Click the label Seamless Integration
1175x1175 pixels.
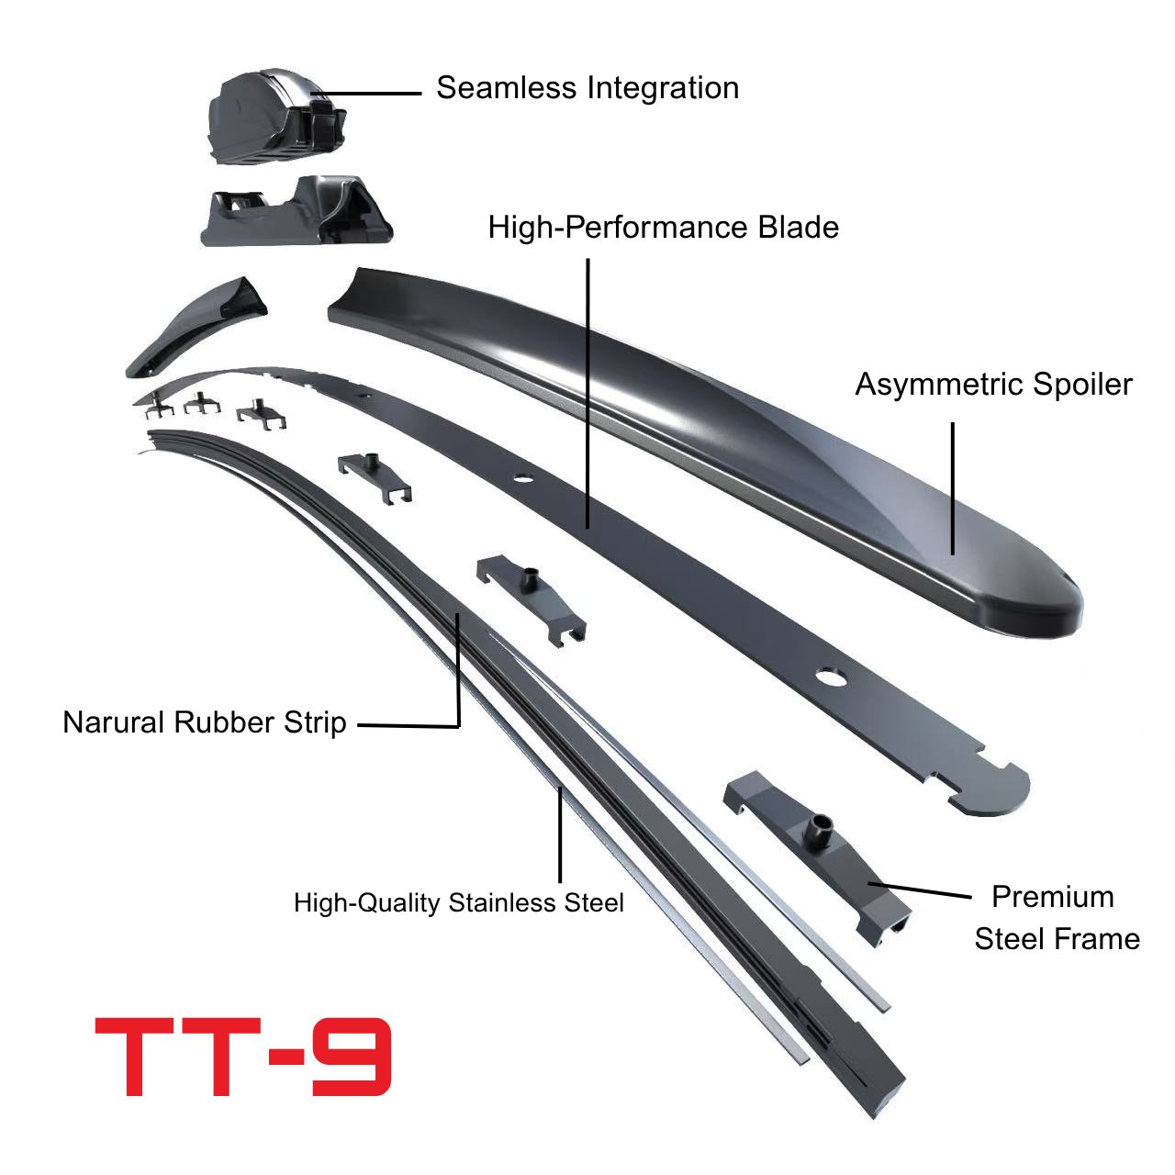point(587,88)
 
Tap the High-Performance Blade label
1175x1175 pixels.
point(664,228)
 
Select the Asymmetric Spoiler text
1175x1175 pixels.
point(993,385)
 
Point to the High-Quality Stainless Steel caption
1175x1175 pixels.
point(459,903)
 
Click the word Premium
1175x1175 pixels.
point(1053,897)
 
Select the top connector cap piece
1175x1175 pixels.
point(277,116)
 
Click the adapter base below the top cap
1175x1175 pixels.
point(297,211)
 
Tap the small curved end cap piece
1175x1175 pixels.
point(196,326)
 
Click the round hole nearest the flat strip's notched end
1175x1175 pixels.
point(832,677)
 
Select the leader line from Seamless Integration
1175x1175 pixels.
point(366,94)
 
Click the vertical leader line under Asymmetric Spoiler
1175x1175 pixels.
point(953,488)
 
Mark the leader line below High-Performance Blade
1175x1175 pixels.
point(587,393)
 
